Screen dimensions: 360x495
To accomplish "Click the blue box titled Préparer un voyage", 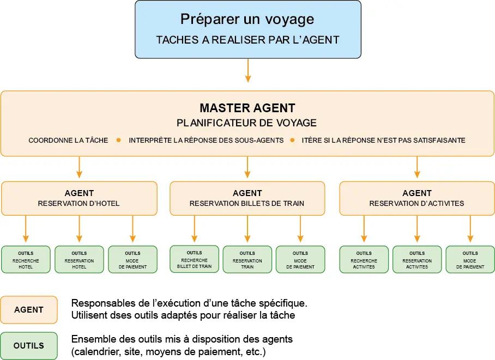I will [x=247, y=29].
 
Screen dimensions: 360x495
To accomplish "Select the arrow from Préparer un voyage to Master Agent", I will [x=248, y=70].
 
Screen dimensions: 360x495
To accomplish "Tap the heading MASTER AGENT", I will [x=247, y=108].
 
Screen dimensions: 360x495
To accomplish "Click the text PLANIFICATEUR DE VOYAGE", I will [x=247, y=123].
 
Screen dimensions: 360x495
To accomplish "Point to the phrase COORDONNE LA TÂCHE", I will [x=68, y=140].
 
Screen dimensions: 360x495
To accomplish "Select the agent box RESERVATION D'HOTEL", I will [x=79, y=198].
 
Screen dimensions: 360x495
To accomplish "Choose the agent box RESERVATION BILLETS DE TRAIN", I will [x=247, y=198].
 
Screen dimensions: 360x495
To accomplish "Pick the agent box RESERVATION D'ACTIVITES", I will [x=417, y=198].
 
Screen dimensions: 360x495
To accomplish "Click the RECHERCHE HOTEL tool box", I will [x=26, y=260].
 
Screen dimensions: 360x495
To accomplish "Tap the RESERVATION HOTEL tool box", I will [x=79, y=260].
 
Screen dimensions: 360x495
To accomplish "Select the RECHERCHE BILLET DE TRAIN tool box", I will [x=194, y=259].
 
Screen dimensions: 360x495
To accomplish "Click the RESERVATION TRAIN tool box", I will [x=247, y=260].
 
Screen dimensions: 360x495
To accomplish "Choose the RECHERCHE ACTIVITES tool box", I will [x=364, y=260].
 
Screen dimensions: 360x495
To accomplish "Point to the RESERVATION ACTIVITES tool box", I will [x=417, y=260].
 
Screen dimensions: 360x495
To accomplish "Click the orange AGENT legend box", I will [x=29, y=309].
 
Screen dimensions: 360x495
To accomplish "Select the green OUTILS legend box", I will [x=29, y=346].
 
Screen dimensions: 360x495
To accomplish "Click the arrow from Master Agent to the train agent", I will [x=247, y=168].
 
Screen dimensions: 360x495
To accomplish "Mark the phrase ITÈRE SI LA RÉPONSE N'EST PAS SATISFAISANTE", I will [x=383, y=140].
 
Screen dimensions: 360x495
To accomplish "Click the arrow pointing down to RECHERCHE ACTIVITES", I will [x=364, y=229].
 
